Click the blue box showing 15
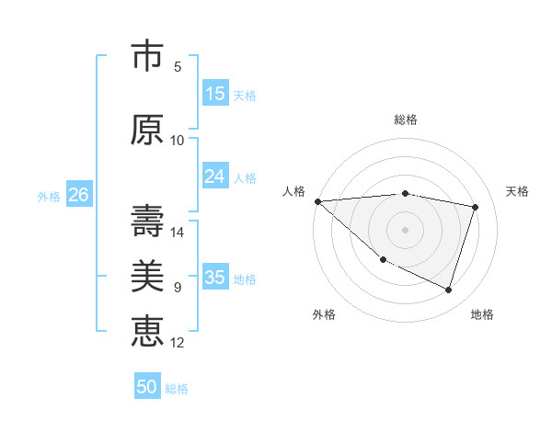click(x=215, y=94)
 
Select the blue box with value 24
click(x=215, y=176)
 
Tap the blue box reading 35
click(x=215, y=278)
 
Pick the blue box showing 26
click(x=78, y=195)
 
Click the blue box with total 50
click(x=147, y=387)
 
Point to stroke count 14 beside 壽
click(x=178, y=233)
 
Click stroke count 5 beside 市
click(x=178, y=67)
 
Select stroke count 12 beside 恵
click(x=178, y=342)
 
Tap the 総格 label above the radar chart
click(x=406, y=119)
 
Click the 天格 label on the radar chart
click(x=518, y=191)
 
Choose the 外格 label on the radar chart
click(x=324, y=314)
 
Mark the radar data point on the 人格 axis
click(x=317, y=201)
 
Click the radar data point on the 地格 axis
click(x=449, y=290)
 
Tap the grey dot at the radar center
click(x=405, y=229)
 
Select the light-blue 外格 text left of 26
click(x=48, y=196)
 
